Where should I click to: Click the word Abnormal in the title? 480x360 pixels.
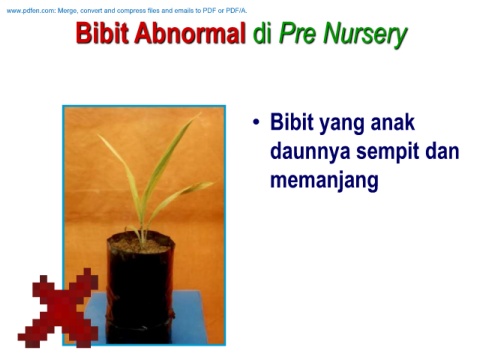(190, 33)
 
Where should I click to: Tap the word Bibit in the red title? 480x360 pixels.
(102, 33)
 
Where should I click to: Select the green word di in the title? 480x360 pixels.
(262, 33)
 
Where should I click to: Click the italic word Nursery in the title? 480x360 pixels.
(366, 35)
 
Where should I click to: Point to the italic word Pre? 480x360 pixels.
(298, 33)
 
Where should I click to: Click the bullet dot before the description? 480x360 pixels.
(256, 122)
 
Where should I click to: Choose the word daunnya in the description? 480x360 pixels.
(310, 152)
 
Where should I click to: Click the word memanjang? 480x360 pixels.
(324, 182)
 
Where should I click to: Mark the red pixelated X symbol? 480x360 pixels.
(58, 308)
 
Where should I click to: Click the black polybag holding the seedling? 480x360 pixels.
(140, 288)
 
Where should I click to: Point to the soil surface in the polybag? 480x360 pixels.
(140, 245)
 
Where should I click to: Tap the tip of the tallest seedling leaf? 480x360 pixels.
(200, 113)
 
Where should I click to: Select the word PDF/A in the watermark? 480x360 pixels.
(236, 11)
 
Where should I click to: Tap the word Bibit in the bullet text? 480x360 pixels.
(292, 122)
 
